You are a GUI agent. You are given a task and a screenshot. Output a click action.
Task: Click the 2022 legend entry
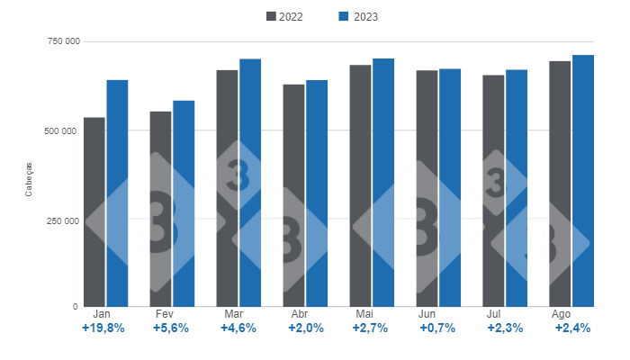click(284, 16)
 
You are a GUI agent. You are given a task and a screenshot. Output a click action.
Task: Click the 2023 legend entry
click(356, 16)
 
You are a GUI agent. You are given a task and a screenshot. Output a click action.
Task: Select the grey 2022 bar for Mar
click(227, 188)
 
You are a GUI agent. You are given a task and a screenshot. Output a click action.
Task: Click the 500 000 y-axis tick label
click(60, 130)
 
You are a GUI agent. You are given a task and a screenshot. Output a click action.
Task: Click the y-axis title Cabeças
click(29, 178)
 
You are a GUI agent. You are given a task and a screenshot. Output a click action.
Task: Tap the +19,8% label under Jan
click(103, 328)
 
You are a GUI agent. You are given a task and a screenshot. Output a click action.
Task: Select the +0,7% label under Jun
click(438, 328)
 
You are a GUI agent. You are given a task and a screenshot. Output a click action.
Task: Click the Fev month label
click(165, 314)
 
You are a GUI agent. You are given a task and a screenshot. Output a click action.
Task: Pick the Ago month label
click(561, 314)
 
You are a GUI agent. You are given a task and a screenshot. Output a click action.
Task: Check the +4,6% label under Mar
click(238, 328)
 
